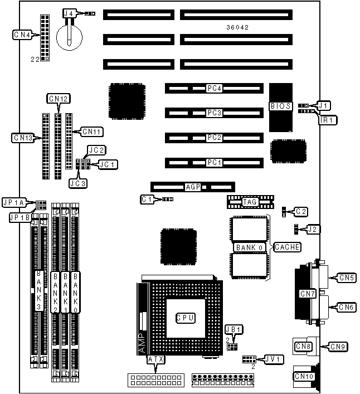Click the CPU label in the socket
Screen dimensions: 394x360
(x=185, y=318)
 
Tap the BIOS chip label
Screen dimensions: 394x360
(x=280, y=106)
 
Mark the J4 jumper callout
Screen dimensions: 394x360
(x=69, y=13)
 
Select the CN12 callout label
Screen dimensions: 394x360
(x=59, y=99)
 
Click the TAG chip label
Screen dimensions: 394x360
(x=249, y=201)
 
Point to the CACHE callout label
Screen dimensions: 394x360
(x=288, y=247)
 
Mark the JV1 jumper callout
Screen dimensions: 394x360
(x=274, y=359)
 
